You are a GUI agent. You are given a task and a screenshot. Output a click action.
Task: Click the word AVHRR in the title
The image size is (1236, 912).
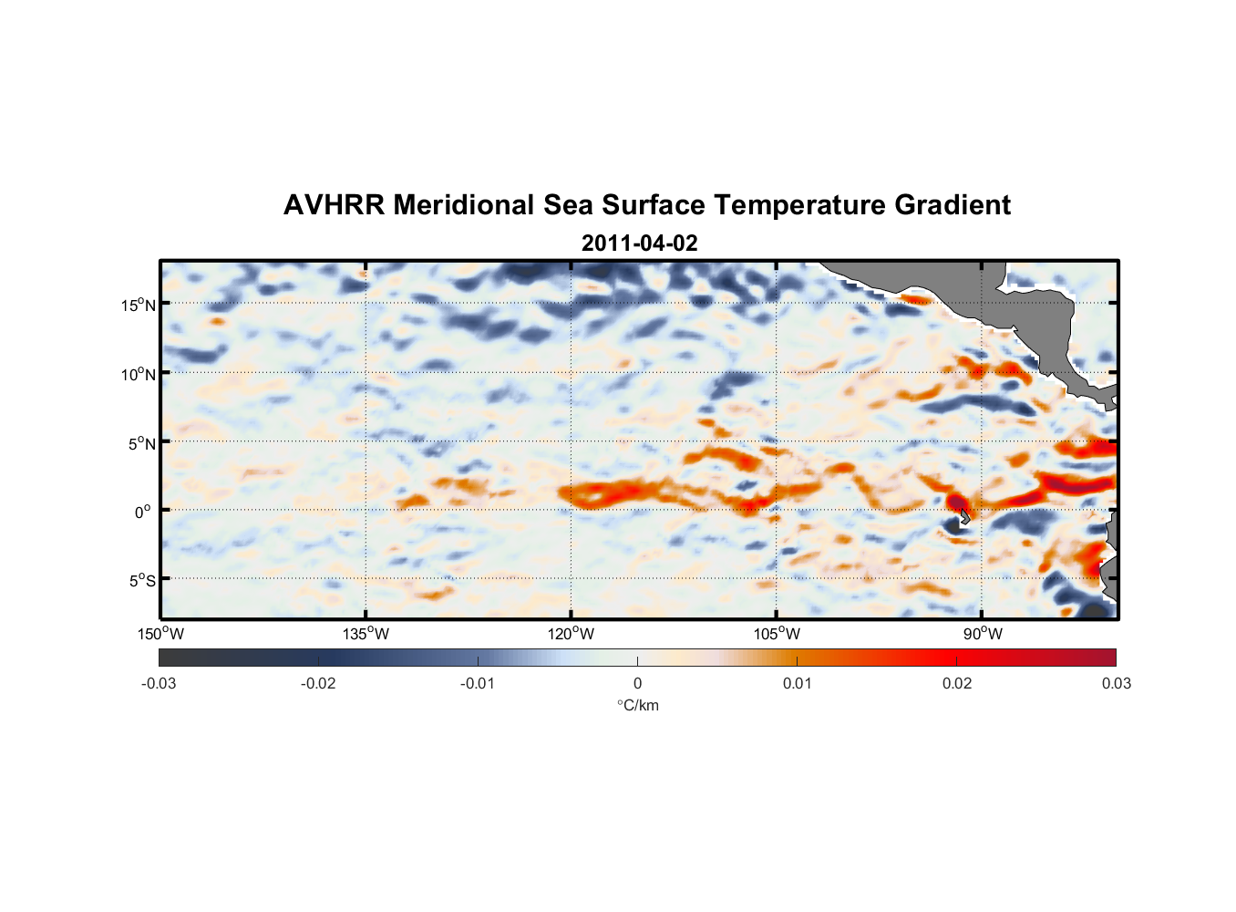[334, 205]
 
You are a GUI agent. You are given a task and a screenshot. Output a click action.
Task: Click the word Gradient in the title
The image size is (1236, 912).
[953, 205]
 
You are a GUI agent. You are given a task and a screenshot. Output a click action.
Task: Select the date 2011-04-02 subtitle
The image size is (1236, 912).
[639, 243]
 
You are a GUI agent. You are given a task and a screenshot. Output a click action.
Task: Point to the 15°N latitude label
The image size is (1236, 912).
[138, 305]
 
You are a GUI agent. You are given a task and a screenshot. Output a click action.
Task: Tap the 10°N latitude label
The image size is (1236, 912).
[138, 374]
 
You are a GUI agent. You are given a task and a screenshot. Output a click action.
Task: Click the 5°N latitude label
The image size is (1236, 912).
[140, 443]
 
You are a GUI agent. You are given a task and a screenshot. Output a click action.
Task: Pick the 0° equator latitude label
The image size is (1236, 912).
[143, 512]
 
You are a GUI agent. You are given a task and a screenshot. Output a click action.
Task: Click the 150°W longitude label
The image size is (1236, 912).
[160, 634]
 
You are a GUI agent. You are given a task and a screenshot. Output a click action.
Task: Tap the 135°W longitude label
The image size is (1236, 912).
[366, 634]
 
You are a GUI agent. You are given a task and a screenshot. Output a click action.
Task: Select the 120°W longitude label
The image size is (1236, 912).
[572, 634]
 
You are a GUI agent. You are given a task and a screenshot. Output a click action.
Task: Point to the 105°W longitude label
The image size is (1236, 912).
[777, 634]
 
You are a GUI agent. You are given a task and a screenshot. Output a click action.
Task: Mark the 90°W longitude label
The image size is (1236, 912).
[983, 634]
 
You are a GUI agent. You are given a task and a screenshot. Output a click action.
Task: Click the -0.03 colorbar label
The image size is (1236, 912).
[159, 683]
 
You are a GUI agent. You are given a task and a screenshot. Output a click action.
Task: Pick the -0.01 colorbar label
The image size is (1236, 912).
[478, 683]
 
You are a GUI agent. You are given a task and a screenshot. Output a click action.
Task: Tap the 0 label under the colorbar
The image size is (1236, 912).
[637, 683]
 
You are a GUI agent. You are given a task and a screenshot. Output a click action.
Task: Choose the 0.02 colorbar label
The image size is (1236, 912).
[957, 683]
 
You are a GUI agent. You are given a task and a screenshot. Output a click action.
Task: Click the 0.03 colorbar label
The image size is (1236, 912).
[1116, 683]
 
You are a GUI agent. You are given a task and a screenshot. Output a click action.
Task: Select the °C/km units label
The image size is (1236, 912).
[638, 705]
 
